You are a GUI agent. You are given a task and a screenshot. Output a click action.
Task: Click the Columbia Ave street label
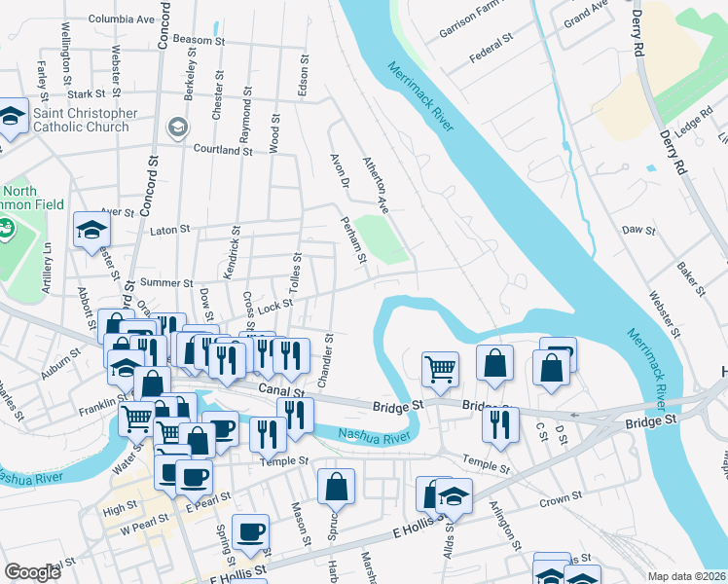(122, 18)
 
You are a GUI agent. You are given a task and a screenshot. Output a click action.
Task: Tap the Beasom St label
(200, 41)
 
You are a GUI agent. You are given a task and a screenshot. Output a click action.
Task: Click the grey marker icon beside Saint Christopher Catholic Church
(177, 127)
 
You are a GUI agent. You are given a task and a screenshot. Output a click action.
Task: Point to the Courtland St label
(223, 151)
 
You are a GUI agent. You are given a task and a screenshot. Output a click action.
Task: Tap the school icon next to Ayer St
(92, 231)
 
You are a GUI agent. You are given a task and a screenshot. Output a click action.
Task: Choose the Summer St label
(161, 282)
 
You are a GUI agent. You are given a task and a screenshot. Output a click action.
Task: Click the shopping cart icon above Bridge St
(440, 369)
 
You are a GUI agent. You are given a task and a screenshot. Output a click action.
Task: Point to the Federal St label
(491, 46)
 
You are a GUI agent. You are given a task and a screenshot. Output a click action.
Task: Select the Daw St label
(638, 231)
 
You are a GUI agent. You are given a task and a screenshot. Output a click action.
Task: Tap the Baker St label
(693, 277)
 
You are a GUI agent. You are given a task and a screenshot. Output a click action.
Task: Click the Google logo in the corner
(32, 572)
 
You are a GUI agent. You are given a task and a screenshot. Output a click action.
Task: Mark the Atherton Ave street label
(376, 185)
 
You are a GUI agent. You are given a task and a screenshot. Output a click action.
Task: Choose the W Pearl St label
(137, 530)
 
